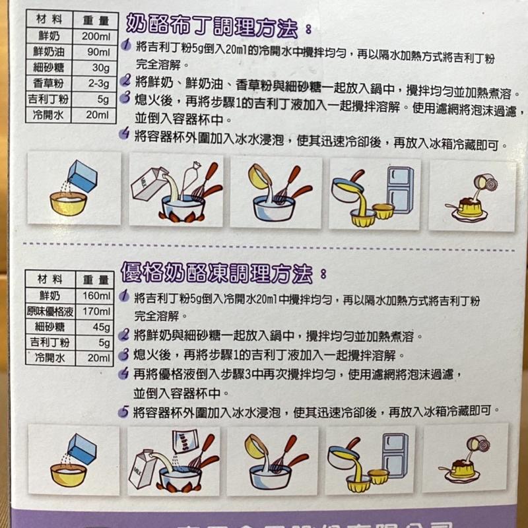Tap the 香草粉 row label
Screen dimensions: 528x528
51,83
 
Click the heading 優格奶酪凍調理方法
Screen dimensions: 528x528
218,272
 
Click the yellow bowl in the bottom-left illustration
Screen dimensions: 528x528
68,474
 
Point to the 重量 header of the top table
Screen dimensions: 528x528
96,20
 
